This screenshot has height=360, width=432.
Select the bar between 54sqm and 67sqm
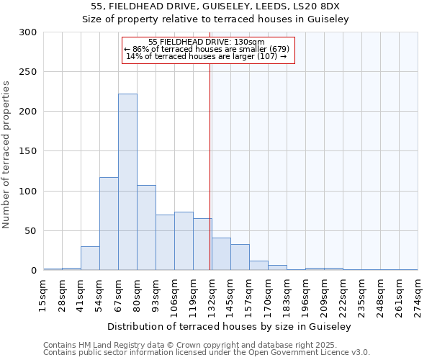point(109,223)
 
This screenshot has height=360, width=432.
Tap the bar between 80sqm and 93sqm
point(146,228)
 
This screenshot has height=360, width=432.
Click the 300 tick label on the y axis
point(28,32)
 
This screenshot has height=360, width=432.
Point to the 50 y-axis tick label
point(31,231)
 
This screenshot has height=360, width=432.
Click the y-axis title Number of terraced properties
point(6,154)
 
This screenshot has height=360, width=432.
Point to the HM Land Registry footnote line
point(204,345)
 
